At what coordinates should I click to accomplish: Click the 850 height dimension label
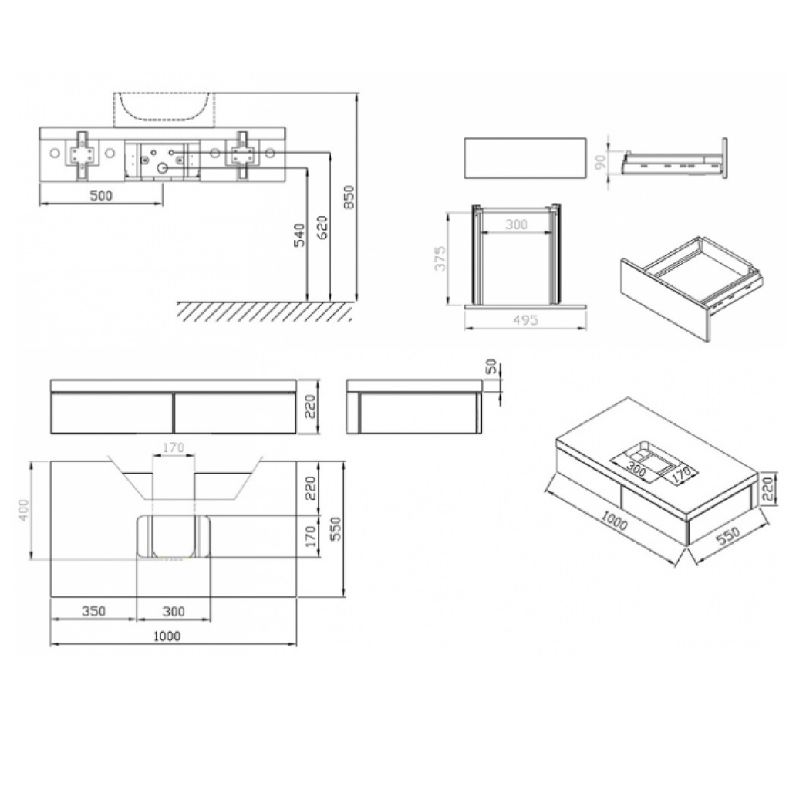[x=349, y=197]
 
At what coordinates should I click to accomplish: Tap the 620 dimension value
[x=323, y=227]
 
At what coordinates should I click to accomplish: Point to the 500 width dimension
[x=101, y=195]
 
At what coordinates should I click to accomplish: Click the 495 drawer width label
[x=525, y=320]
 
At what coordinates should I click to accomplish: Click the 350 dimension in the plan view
[x=94, y=610]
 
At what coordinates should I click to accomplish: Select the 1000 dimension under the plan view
[x=167, y=636]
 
